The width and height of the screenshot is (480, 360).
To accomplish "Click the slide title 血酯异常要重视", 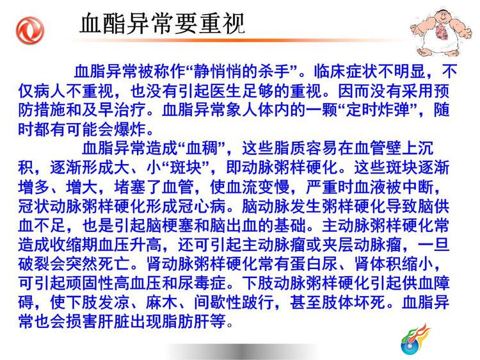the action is pos(162,23).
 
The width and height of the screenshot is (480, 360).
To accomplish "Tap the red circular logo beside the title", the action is pos(30,31).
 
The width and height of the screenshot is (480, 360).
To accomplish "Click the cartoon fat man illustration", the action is pos(441,33).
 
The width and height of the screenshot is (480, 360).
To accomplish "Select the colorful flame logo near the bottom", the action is pos(415,340).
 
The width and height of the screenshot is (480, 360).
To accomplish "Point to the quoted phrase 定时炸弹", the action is pos(378,110).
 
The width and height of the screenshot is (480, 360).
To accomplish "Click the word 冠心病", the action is pos(202,206).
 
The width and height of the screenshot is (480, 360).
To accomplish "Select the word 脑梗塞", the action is pos(170,225).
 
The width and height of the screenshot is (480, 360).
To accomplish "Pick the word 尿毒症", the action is pos(202,283).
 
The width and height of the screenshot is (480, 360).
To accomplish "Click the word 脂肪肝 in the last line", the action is pos(186,322).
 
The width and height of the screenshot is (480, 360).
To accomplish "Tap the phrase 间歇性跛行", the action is pos(234,302).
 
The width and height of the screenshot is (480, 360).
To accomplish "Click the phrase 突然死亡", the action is pos(98,264).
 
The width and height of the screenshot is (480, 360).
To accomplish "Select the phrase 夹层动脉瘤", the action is pos(362,245).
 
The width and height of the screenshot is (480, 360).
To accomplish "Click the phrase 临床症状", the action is pos(346,72).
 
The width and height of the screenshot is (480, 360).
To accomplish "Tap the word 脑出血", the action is pos(234,225).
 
